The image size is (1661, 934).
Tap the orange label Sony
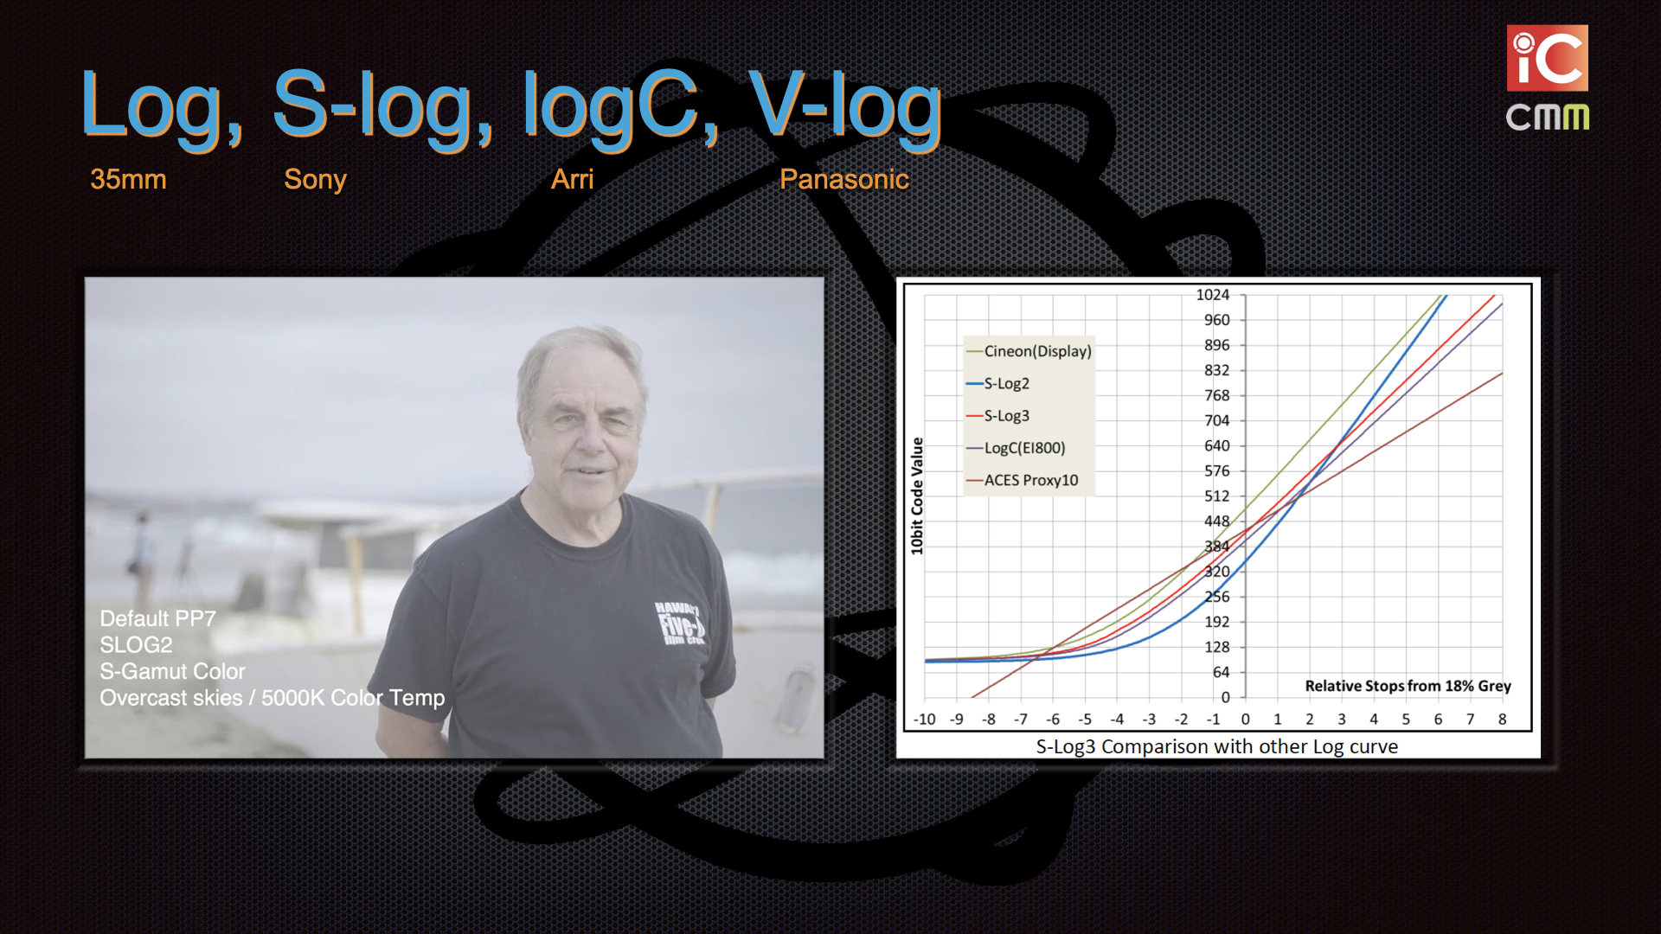[315, 180]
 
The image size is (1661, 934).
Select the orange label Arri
[573, 179]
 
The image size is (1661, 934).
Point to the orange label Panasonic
[843, 179]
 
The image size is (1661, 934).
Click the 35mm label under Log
[128, 179]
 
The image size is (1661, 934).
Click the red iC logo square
[1548, 58]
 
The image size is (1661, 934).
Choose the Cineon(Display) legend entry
[1029, 351]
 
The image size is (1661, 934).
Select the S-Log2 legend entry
[997, 383]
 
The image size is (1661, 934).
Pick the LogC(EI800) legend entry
[1016, 448]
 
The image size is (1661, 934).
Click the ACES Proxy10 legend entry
[1022, 480]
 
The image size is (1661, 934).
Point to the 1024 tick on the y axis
[1212, 295]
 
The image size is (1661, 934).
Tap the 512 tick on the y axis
[1216, 496]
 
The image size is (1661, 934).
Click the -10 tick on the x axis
[924, 720]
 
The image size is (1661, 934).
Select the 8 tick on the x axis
[1503, 720]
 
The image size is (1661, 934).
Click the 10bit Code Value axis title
[917, 496]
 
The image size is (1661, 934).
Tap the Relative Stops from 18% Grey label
[1408, 686]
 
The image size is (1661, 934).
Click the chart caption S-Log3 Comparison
[1216, 746]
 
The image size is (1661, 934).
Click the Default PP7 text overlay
[157, 618]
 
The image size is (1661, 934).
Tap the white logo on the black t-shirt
[682, 623]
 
